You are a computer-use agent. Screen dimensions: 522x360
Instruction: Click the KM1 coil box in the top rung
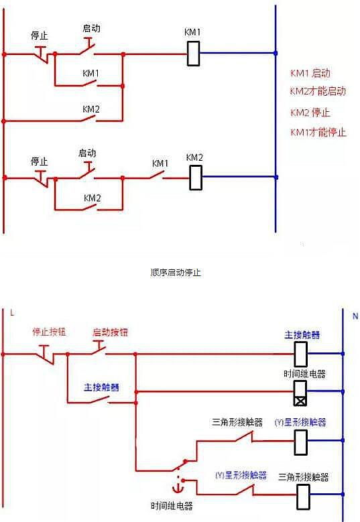[193, 54]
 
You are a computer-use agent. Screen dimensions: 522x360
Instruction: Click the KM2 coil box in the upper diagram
[195, 178]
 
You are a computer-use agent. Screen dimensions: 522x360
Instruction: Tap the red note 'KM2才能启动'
[318, 91]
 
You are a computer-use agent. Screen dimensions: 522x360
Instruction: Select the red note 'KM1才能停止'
[318, 132]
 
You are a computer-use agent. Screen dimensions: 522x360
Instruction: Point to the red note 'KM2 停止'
[310, 112]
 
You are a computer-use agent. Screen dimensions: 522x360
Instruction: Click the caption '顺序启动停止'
[176, 273]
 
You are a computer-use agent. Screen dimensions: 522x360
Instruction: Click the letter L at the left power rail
[11, 313]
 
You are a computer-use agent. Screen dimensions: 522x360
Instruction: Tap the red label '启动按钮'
[109, 332]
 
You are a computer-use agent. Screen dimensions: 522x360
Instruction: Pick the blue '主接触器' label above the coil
[302, 334]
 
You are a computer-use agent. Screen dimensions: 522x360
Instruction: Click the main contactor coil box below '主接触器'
[301, 352]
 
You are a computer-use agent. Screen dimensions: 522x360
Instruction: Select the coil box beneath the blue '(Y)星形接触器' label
[301, 441]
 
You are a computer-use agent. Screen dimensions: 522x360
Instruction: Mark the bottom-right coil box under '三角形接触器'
[301, 497]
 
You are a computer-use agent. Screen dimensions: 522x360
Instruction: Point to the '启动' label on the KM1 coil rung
[91, 28]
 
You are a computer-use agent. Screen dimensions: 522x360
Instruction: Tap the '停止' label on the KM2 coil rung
[40, 161]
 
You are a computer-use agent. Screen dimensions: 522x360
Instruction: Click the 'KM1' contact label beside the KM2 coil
[160, 163]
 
